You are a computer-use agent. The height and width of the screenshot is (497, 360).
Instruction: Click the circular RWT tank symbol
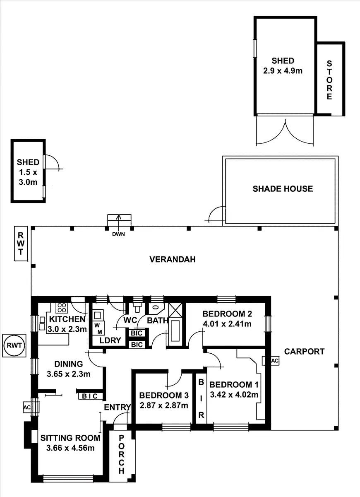point(14,345)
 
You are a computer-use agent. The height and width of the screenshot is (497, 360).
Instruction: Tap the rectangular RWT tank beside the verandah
point(21,244)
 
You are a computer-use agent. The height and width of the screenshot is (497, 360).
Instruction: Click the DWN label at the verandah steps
point(118,234)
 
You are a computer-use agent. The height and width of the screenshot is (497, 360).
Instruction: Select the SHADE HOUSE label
point(283,189)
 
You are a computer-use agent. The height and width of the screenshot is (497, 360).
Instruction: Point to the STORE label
point(329,80)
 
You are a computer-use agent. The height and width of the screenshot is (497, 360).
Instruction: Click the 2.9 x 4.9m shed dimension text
point(283,70)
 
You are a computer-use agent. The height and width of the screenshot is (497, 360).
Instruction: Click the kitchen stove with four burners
point(62,308)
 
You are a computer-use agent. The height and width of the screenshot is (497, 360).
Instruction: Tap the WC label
point(130,320)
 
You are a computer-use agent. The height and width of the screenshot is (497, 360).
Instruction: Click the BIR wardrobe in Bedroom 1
point(201,398)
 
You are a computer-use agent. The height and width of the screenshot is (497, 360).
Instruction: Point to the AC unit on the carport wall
point(274,361)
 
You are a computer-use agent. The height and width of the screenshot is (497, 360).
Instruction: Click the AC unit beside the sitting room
point(27,407)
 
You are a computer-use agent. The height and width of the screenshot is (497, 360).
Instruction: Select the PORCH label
point(121,454)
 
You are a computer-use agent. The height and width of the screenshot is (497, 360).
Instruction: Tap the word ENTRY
point(117,407)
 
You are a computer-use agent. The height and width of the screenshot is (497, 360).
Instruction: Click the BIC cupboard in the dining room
point(89,396)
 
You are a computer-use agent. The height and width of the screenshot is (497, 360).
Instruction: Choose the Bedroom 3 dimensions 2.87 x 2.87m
point(163,405)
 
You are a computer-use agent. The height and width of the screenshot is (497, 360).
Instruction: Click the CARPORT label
point(304,352)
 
